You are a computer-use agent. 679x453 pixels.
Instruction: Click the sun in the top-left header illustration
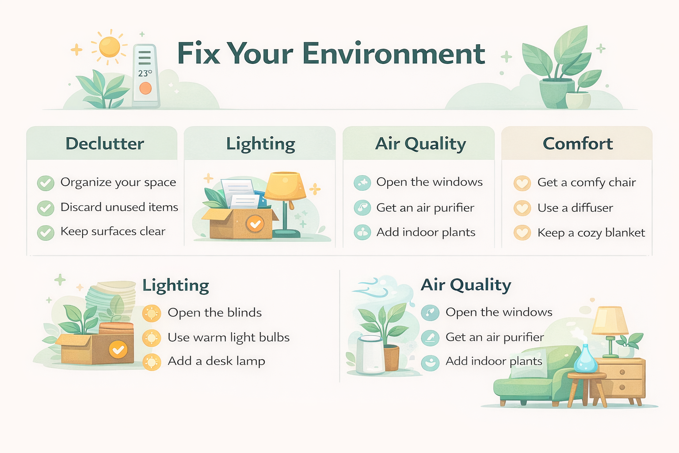(109, 47)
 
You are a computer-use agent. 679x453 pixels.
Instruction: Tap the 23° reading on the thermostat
(145, 73)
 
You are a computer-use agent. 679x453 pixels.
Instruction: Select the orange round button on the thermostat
(145, 88)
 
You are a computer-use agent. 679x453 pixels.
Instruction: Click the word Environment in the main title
(394, 54)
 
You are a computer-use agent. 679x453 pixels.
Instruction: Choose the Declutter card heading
(105, 144)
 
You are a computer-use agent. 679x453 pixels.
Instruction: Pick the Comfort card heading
(577, 144)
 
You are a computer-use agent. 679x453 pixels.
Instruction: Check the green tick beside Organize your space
(46, 183)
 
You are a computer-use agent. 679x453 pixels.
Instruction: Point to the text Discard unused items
(119, 207)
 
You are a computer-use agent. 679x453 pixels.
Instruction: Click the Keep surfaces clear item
(113, 231)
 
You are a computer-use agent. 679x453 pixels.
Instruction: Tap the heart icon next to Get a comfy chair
(522, 183)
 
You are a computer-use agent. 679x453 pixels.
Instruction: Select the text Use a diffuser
(575, 207)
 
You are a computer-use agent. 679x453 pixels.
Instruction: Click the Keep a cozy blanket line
(591, 233)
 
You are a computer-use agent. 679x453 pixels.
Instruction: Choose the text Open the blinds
(214, 313)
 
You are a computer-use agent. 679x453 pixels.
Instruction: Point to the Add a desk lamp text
(216, 361)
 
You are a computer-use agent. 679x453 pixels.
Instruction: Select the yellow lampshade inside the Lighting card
(285, 186)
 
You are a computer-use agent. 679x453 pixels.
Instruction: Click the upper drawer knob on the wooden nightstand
(622, 372)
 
